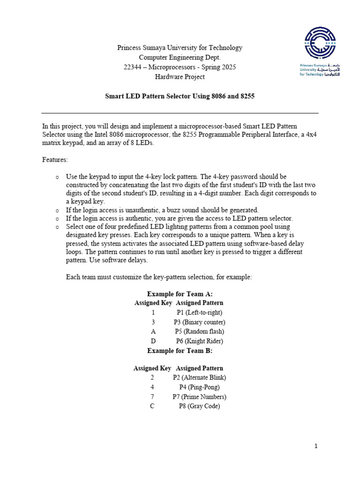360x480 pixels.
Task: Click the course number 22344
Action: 133,67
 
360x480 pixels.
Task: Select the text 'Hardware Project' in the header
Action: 180,77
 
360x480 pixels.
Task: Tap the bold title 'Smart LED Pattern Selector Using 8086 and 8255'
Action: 180,96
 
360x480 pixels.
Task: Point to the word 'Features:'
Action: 55,159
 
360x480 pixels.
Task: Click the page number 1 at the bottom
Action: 316,446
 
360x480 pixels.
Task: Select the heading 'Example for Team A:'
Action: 180,294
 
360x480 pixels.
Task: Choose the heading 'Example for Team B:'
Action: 180,350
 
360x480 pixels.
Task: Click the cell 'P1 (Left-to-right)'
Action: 199,312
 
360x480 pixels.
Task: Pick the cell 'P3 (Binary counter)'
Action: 199,322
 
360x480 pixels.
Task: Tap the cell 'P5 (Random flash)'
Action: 199,331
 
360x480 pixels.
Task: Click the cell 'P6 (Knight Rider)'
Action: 199,341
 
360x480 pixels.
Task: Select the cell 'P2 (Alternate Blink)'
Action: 199,377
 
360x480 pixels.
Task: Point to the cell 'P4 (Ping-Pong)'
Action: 199,387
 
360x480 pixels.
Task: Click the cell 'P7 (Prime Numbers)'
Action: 199,397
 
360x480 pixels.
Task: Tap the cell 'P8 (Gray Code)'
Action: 199,406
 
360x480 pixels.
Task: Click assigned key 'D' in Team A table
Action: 153,341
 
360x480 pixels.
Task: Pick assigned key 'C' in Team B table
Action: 152,406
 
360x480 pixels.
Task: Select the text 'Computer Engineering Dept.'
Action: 180,57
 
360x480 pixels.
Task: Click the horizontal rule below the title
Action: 180,113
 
